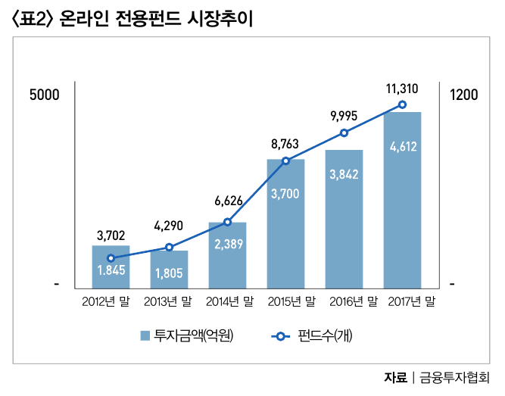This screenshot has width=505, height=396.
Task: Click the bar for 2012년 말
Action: [111, 267]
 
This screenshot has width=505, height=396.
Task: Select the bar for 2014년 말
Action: [227, 255]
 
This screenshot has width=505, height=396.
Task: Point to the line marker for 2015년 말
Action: [285, 161]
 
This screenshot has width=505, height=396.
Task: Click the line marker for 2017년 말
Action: [402, 104]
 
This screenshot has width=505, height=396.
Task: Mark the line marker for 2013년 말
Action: [169, 248]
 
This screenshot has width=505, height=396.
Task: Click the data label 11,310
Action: [401, 89]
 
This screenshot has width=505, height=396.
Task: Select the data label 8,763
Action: [285, 143]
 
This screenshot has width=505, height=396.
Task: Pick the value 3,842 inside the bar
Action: [344, 173]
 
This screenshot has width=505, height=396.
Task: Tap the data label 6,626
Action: [228, 201]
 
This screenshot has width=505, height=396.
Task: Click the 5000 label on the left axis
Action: [43, 95]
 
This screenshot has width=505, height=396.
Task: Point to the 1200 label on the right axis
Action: [463, 95]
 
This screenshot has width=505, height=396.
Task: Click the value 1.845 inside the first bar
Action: [111, 270]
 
